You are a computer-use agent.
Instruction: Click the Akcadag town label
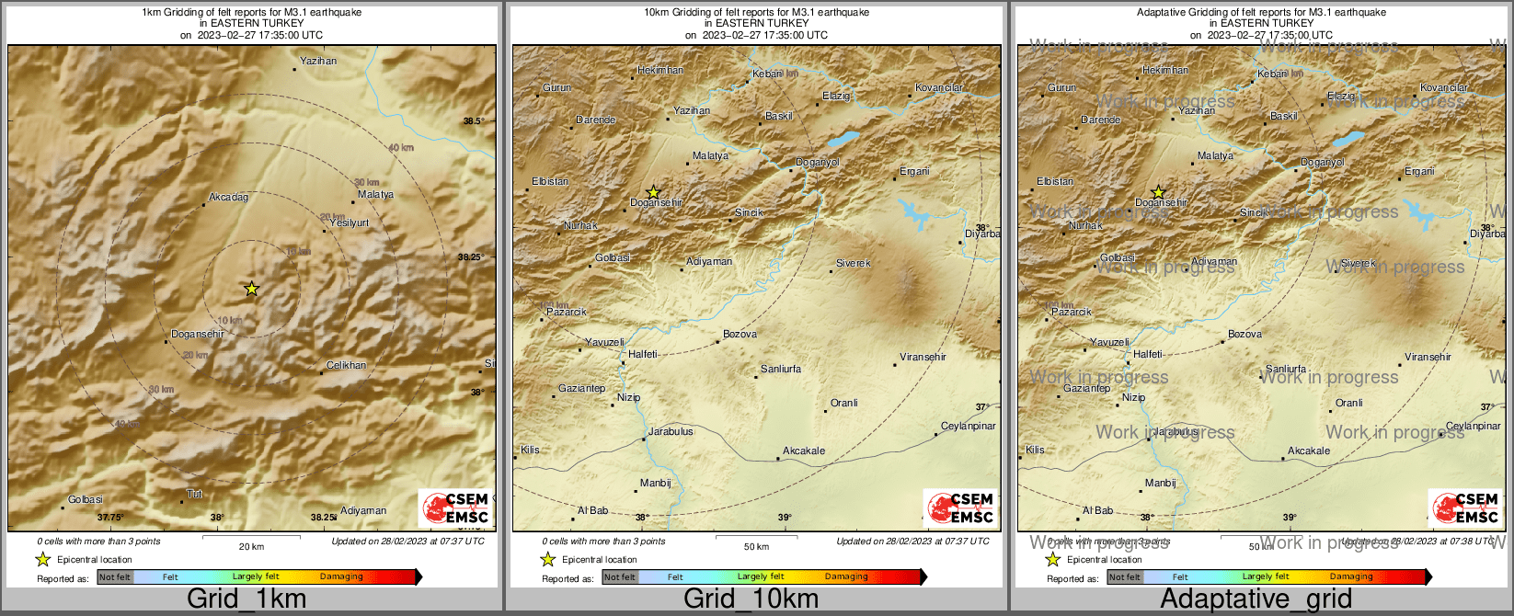(x=228, y=197)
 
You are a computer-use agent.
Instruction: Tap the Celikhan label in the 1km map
(x=346, y=365)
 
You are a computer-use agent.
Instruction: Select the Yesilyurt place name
(x=349, y=222)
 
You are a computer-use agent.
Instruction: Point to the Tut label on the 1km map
(x=194, y=494)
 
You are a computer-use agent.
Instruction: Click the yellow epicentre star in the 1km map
(x=251, y=289)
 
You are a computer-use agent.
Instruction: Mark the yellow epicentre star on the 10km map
(x=653, y=192)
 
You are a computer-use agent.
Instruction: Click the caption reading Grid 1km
(x=247, y=599)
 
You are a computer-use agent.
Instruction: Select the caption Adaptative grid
(x=1256, y=599)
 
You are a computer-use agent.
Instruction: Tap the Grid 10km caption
(x=751, y=599)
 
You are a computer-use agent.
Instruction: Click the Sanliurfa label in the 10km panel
(x=780, y=369)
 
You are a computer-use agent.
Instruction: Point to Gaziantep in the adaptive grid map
(x=1086, y=388)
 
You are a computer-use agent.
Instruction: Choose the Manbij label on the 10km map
(x=655, y=483)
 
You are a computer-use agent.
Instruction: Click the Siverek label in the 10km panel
(x=853, y=263)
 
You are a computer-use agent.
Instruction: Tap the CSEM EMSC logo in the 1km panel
(x=454, y=508)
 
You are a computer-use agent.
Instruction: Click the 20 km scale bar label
(x=251, y=546)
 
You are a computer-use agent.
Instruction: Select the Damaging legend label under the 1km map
(x=341, y=576)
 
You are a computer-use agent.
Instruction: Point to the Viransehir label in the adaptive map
(x=1428, y=357)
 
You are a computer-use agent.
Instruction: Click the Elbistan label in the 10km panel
(x=550, y=181)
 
